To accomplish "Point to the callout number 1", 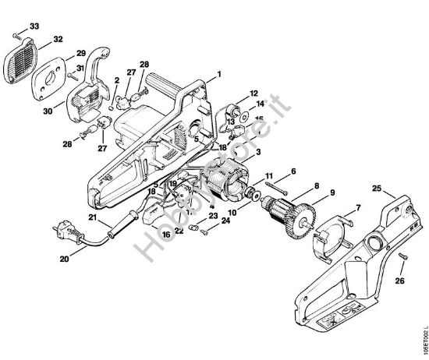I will coord(219,73).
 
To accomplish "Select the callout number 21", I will coord(92,217).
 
